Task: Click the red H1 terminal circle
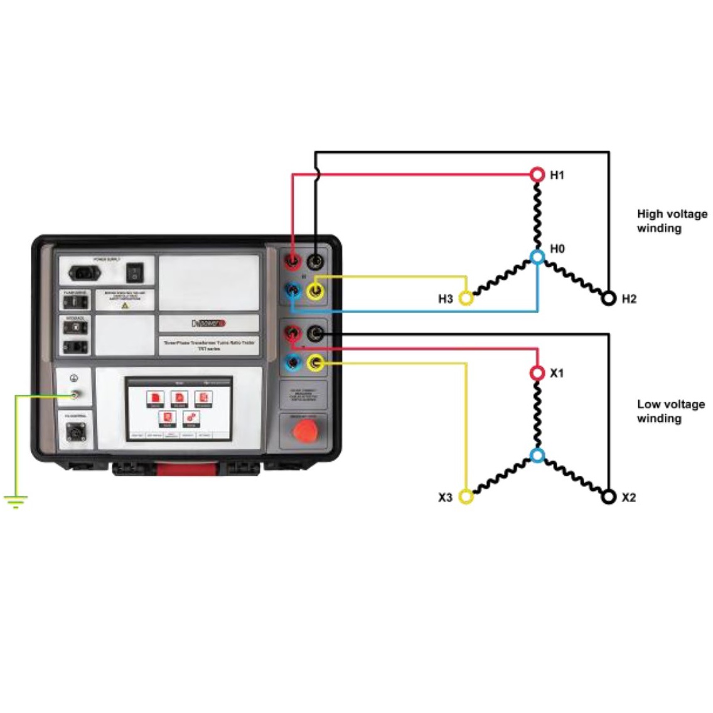537,174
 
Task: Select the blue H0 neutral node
537,257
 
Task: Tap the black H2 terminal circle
608,298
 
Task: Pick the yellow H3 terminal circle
466,298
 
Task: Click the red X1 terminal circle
537,373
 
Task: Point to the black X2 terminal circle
608,497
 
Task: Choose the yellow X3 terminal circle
466,497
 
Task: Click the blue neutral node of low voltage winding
537,456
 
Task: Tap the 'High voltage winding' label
672,221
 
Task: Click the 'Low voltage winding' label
670,411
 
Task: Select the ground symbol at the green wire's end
15,501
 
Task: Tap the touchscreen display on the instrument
179,409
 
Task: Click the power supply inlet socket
85,272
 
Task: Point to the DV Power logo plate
208,323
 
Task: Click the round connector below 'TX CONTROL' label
76,432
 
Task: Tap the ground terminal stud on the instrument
75,395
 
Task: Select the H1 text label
557,175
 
